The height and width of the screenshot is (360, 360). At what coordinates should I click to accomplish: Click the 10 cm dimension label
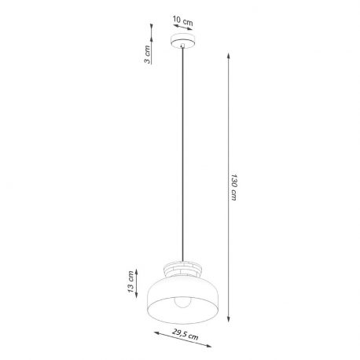183,20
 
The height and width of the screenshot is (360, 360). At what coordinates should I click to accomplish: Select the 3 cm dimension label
148,54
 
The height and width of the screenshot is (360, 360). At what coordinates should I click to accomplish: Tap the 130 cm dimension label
234,187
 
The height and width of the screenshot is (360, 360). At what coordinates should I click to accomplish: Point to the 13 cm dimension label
131,282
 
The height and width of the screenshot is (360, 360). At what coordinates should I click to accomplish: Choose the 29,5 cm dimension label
186,333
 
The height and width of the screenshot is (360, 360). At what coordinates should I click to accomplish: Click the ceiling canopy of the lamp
182,40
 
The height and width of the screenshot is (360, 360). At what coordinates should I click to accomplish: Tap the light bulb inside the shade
182,302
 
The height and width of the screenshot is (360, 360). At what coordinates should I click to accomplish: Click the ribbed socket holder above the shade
182,268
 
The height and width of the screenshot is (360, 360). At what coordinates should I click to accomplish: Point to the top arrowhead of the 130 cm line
229,56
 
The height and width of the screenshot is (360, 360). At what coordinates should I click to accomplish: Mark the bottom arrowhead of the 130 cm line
229,318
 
